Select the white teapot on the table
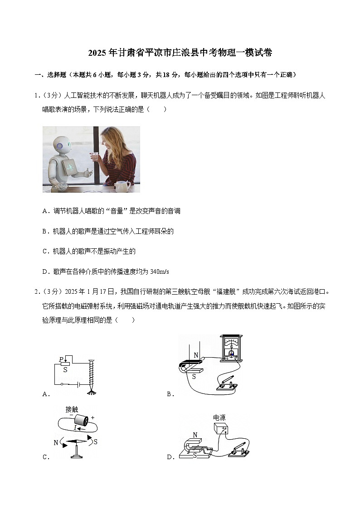(x=122, y=185)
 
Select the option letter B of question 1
(x=45, y=231)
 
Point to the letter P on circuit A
(x=61, y=360)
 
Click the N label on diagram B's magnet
(x=196, y=355)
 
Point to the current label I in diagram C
(x=75, y=427)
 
